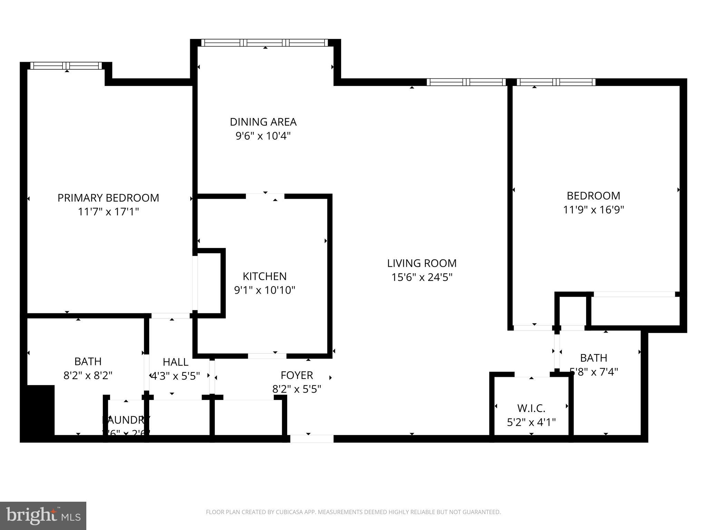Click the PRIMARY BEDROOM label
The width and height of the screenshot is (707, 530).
click(x=108, y=198)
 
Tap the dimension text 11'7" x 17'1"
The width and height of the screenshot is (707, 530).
click(x=108, y=212)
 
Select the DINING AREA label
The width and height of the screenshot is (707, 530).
click(x=263, y=122)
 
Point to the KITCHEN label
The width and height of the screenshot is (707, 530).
click(x=264, y=276)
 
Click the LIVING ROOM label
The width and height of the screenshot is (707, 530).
click(x=422, y=263)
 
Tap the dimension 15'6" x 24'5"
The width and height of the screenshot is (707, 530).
click(x=422, y=277)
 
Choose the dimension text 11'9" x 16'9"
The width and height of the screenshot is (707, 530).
click(x=593, y=209)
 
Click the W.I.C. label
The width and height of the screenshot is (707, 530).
click(x=531, y=408)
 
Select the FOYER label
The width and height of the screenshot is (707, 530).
click(x=297, y=375)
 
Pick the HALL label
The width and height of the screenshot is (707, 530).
click(x=175, y=362)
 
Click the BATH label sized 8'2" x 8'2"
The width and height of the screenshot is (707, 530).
click(x=88, y=361)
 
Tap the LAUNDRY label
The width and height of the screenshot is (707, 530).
click(x=126, y=420)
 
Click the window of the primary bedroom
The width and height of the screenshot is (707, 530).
click(x=66, y=66)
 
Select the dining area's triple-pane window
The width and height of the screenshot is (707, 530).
click(x=264, y=43)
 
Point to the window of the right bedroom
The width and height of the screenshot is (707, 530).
click(x=555, y=82)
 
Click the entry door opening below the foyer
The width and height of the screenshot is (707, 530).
click(x=311, y=439)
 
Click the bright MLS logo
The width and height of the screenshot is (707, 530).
click(x=43, y=516)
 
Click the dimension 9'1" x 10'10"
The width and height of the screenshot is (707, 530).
click(x=264, y=290)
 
